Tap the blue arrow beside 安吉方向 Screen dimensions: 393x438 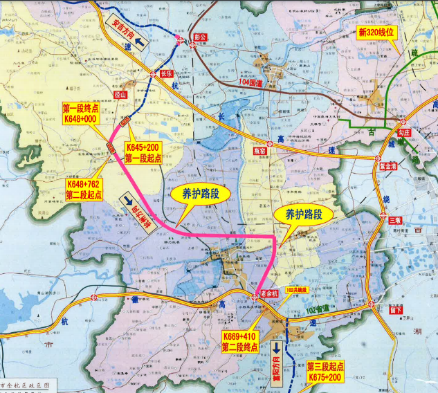[143, 42]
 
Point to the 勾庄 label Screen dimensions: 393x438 [405, 130]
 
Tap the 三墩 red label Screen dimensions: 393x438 [395, 220]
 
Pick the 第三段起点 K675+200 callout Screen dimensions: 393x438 [325, 372]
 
